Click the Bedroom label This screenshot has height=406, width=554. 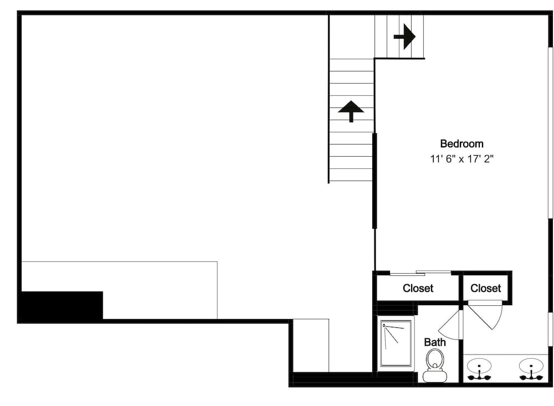(x=461, y=144)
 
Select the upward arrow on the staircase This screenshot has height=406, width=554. (x=351, y=110)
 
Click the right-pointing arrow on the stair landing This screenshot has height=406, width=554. (x=405, y=37)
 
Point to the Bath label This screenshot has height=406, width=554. (x=435, y=342)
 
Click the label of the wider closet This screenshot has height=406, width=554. (x=418, y=289)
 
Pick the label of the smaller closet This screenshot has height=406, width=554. (x=485, y=289)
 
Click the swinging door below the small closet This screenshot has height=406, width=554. (x=485, y=314)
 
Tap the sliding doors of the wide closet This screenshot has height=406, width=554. (x=420, y=273)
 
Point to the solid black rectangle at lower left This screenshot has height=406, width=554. (x=61, y=305)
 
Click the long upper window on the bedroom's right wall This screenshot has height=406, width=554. (x=551, y=133)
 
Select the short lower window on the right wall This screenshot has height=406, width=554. (x=551, y=330)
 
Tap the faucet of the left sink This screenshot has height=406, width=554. (x=479, y=377)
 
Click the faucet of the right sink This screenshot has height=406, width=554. (x=531, y=377)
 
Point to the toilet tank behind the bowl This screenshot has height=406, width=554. (x=435, y=377)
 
